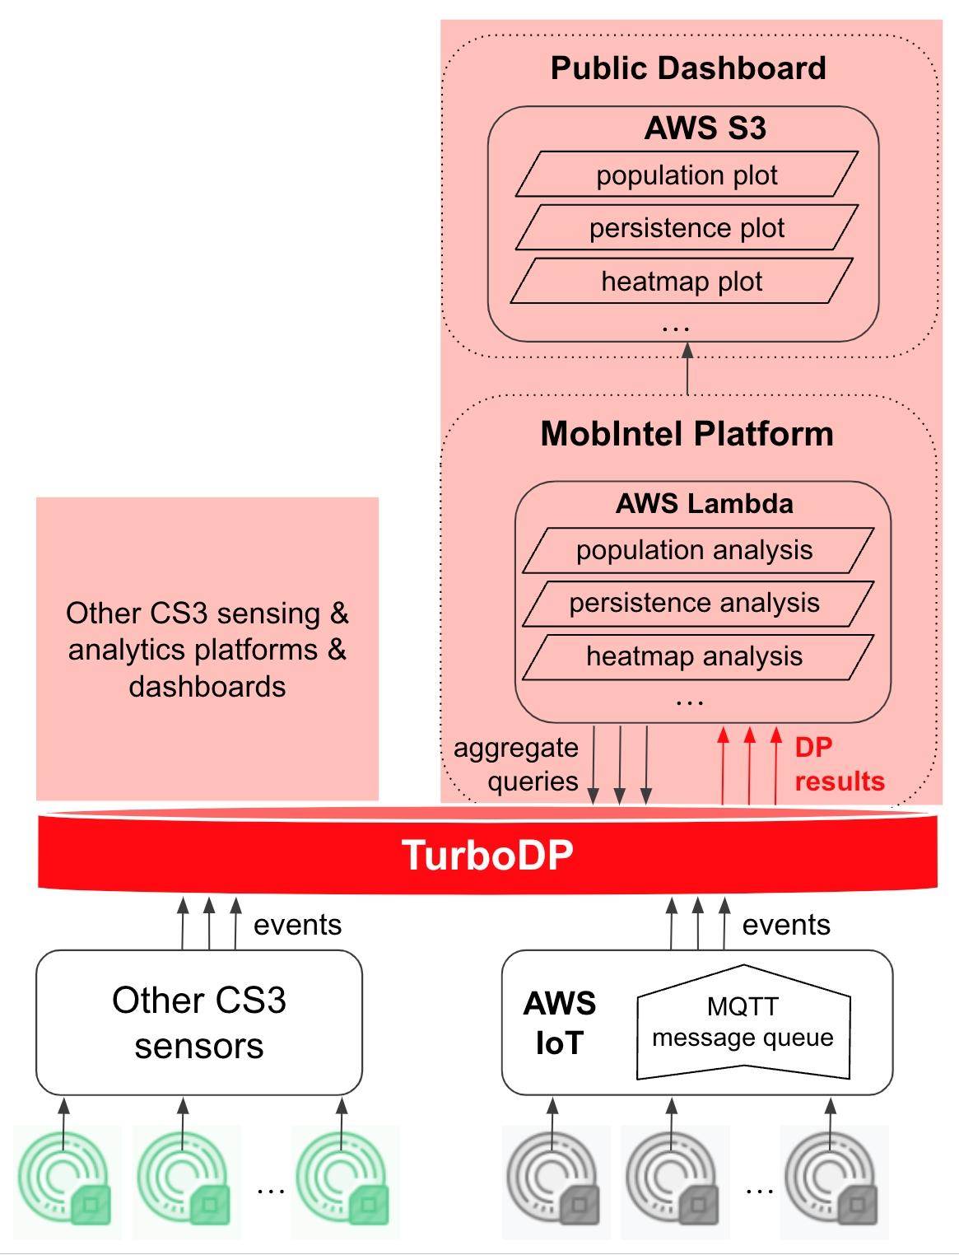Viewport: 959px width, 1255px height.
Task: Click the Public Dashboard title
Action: coord(688,68)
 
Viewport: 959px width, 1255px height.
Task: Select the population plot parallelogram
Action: coord(687,174)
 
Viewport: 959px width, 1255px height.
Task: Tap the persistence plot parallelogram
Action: coord(687,227)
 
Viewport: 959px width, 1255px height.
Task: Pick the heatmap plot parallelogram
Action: coord(682,280)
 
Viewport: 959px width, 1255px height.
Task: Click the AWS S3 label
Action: coord(705,128)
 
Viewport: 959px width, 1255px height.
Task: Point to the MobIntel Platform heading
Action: coord(687,433)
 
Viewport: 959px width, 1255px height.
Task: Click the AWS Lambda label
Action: coord(704,504)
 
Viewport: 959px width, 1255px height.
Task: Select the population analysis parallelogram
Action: coord(698,550)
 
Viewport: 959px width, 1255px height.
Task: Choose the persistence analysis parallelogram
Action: coord(698,603)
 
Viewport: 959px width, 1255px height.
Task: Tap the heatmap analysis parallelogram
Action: coord(698,656)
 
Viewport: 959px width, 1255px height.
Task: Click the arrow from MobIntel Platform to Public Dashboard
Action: coord(687,368)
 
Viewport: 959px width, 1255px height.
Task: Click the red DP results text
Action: coord(840,764)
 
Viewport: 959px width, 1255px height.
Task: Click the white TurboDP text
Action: coord(487,856)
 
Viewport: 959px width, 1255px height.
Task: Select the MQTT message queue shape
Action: coord(743,1022)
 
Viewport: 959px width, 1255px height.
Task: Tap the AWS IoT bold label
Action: coord(560,1022)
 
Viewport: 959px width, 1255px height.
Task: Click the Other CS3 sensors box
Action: coord(199,1023)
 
